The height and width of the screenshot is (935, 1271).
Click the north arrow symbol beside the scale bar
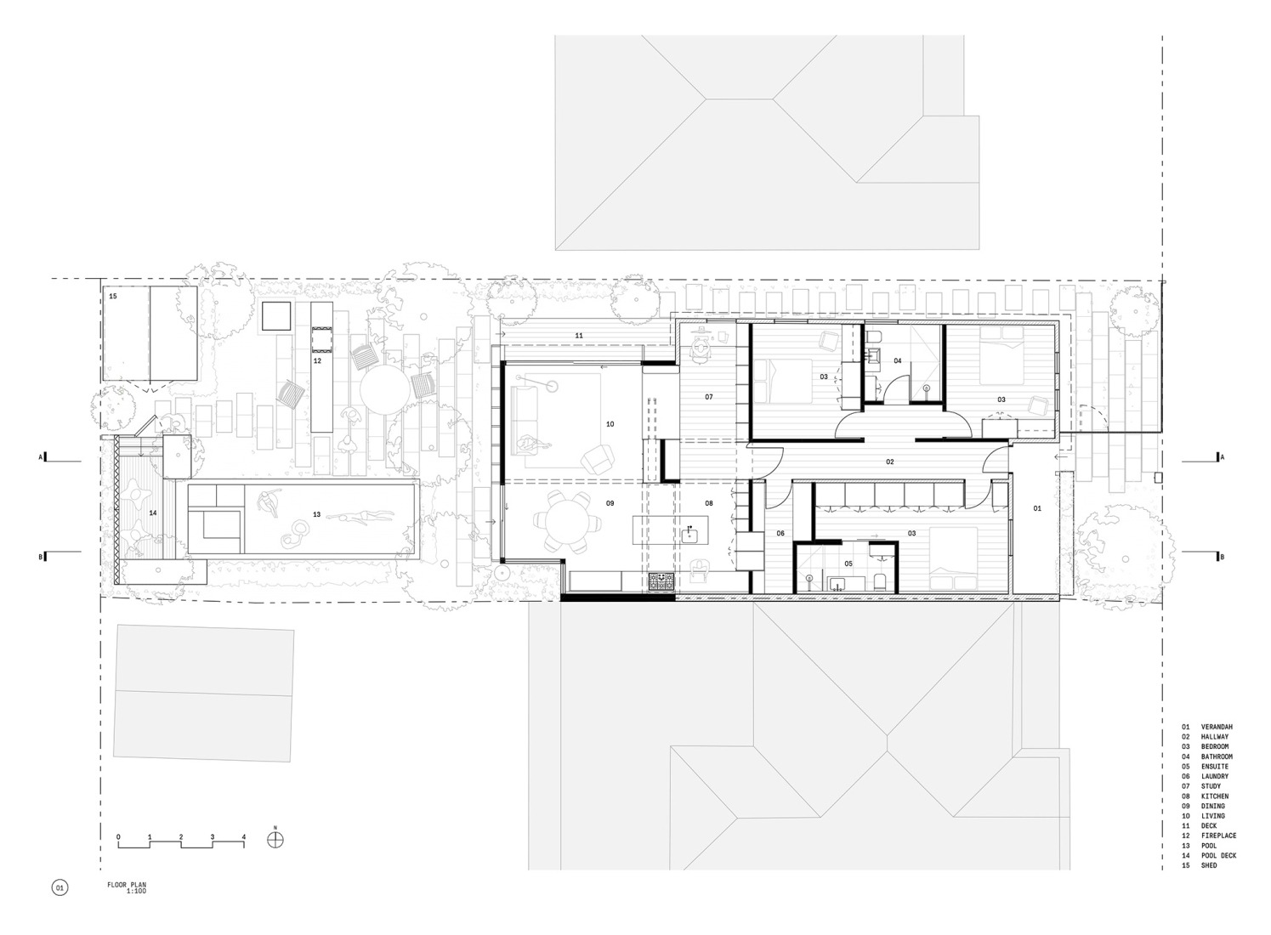275,840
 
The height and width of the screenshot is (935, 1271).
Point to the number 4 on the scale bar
244,837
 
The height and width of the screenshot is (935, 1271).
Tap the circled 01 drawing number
60,888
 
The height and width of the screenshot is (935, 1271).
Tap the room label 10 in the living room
610,423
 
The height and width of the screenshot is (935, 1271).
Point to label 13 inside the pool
316,513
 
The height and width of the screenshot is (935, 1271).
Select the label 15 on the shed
112,296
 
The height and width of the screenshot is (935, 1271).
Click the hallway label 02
890,462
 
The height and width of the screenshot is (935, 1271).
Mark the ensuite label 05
848,563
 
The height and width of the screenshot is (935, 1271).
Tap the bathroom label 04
897,360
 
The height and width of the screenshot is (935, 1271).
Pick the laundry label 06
780,533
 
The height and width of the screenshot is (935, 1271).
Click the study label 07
708,397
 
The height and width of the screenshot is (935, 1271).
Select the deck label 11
578,337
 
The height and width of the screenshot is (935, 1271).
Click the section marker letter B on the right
1222,558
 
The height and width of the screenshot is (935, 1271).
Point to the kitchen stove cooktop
661,582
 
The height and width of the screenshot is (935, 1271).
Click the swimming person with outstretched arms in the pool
364,514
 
